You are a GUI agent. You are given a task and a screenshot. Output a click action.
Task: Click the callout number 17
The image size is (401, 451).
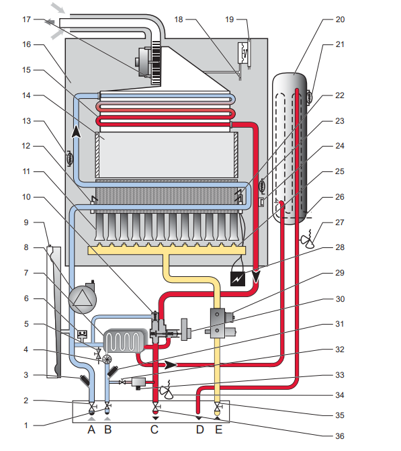(26, 19)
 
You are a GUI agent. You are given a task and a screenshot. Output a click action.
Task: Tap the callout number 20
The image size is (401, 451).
(340, 19)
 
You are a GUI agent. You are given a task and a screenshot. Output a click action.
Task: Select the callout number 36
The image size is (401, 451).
(340, 436)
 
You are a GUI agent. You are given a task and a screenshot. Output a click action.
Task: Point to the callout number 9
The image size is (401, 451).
(26, 222)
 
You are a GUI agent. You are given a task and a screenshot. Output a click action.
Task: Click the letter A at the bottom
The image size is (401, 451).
(91, 429)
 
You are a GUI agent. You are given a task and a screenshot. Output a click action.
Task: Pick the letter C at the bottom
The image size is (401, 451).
(154, 429)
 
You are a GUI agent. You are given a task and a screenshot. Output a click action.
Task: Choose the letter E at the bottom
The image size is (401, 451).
(219, 429)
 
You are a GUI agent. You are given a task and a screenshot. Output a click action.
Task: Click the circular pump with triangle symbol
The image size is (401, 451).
(83, 299)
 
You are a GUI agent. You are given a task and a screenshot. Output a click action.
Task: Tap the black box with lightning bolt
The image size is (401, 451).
(238, 279)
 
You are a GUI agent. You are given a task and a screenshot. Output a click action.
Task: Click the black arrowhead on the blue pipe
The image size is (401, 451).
(76, 132)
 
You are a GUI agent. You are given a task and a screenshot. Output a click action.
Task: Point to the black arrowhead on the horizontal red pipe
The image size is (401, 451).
(171, 365)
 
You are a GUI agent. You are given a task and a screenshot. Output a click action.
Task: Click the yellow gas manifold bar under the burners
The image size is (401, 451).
(167, 250)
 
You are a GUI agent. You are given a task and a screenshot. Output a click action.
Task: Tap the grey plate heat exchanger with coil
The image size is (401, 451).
(124, 341)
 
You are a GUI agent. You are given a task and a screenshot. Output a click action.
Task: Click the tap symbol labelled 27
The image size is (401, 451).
(308, 239)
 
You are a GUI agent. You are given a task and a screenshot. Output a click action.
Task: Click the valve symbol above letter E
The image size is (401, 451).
(218, 407)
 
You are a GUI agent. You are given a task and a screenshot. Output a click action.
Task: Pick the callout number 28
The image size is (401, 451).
(340, 247)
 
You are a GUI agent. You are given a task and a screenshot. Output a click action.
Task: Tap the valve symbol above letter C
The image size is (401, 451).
(156, 407)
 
